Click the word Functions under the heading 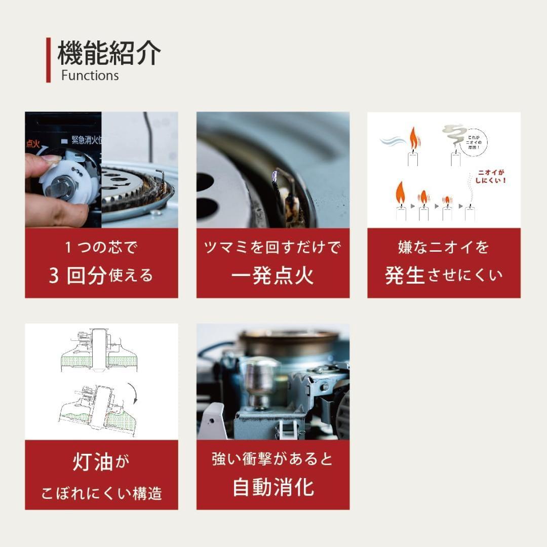pos(90,76)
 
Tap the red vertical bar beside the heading pos(49,60)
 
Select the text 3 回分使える pos(101,276)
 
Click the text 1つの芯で pos(101,248)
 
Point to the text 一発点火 pos(272,276)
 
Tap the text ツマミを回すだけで pos(272,248)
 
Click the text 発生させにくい pos(444,276)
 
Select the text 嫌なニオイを pos(444,248)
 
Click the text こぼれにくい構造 pos(101,493)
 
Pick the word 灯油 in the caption pos(92,462)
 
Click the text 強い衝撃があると pos(272,459)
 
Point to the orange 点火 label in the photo pos(32,143)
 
